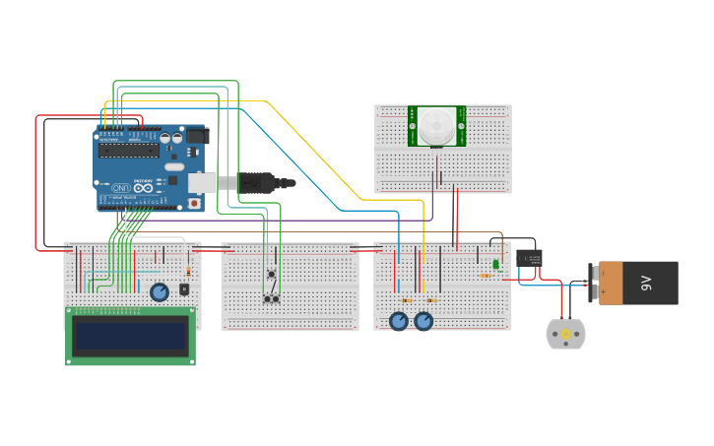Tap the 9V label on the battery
pyautogui.click(x=647, y=284)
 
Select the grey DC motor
pyautogui.click(x=565, y=334)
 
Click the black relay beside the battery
pyautogui.click(x=529, y=258)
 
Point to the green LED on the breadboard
pyautogui.click(x=495, y=263)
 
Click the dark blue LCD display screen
pyautogui.click(x=130, y=336)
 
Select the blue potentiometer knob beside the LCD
pyautogui.click(x=160, y=292)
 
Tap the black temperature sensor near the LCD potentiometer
pyautogui.click(x=183, y=288)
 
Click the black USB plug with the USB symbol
pyautogui.click(x=258, y=182)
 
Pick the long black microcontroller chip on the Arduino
pyautogui.click(x=129, y=151)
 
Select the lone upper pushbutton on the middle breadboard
pyautogui.click(x=271, y=274)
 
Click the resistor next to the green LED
pyautogui.click(x=487, y=276)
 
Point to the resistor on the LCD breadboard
pyautogui.click(x=189, y=272)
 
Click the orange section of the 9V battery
pyautogui.click(x=611, y=283)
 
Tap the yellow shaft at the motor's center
pyautogui.click(x=566, y=335)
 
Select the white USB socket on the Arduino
pyautogui.click(x=202, y=182)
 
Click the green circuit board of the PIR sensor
pyautogui.click(x=416, y=126)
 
